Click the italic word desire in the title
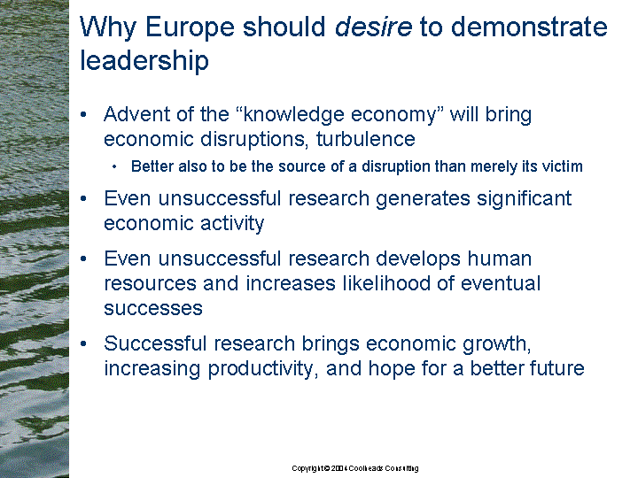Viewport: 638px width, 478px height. (x=373, y=27)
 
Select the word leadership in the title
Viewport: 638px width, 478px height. (x=144, y=61)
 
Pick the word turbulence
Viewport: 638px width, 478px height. (x=365, y=139)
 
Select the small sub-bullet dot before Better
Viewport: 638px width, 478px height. (x=114, y=166)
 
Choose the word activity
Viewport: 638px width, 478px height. (x=232, y=224)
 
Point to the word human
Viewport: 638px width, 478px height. (x=499, y=258)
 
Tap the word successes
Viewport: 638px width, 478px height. (x=153, y=309)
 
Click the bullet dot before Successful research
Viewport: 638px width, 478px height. (x=84, y=343)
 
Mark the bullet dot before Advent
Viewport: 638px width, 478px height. (x=84, y=114)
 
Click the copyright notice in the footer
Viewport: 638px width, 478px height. (x=354, y=468)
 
